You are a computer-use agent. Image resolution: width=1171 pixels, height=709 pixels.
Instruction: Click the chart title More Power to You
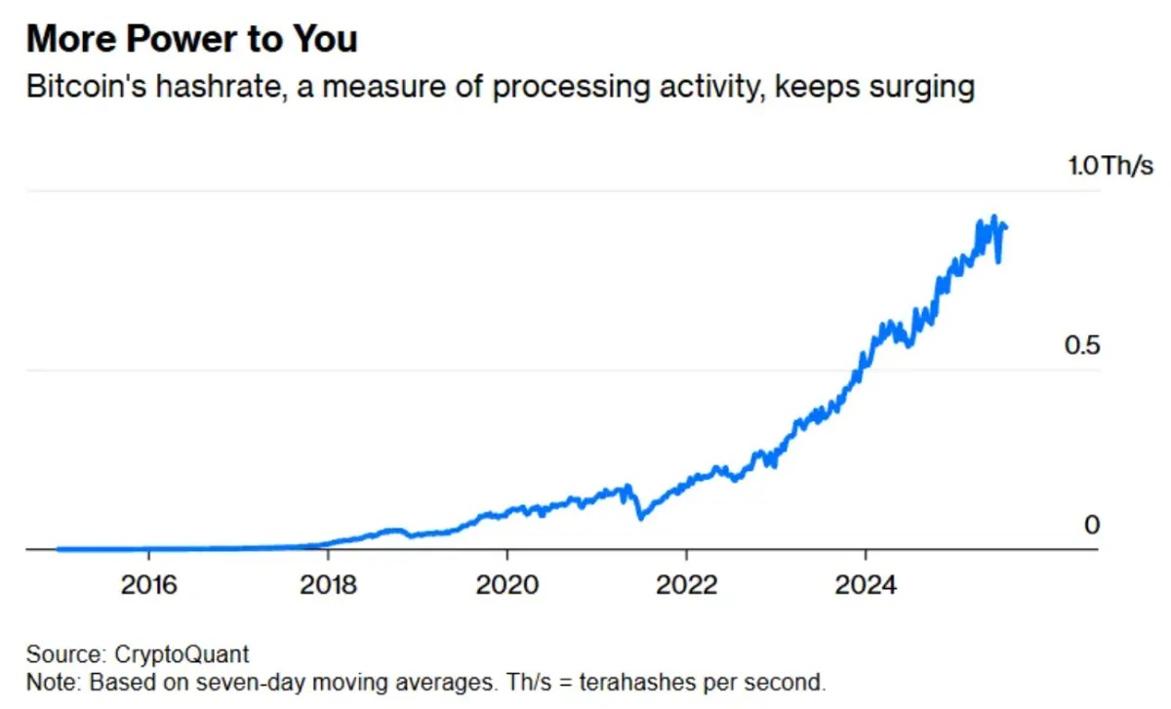191,39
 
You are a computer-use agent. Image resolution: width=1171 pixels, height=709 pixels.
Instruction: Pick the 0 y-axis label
1092,526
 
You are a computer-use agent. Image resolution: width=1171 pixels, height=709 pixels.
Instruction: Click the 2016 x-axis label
148,585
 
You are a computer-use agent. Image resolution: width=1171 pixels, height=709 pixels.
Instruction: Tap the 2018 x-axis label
328,585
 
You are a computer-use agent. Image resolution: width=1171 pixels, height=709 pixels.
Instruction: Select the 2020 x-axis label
507,585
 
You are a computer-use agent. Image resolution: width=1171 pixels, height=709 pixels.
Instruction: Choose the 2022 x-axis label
687,585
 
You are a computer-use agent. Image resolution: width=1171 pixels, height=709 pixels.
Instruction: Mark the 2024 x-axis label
867,585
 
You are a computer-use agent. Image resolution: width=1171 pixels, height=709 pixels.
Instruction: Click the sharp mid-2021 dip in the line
640,518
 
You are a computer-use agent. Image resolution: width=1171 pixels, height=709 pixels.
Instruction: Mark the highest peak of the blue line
993,217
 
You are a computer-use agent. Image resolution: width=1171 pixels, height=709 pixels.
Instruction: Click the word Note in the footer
47,680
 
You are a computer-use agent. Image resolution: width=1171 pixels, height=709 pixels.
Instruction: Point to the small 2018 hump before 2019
393,530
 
